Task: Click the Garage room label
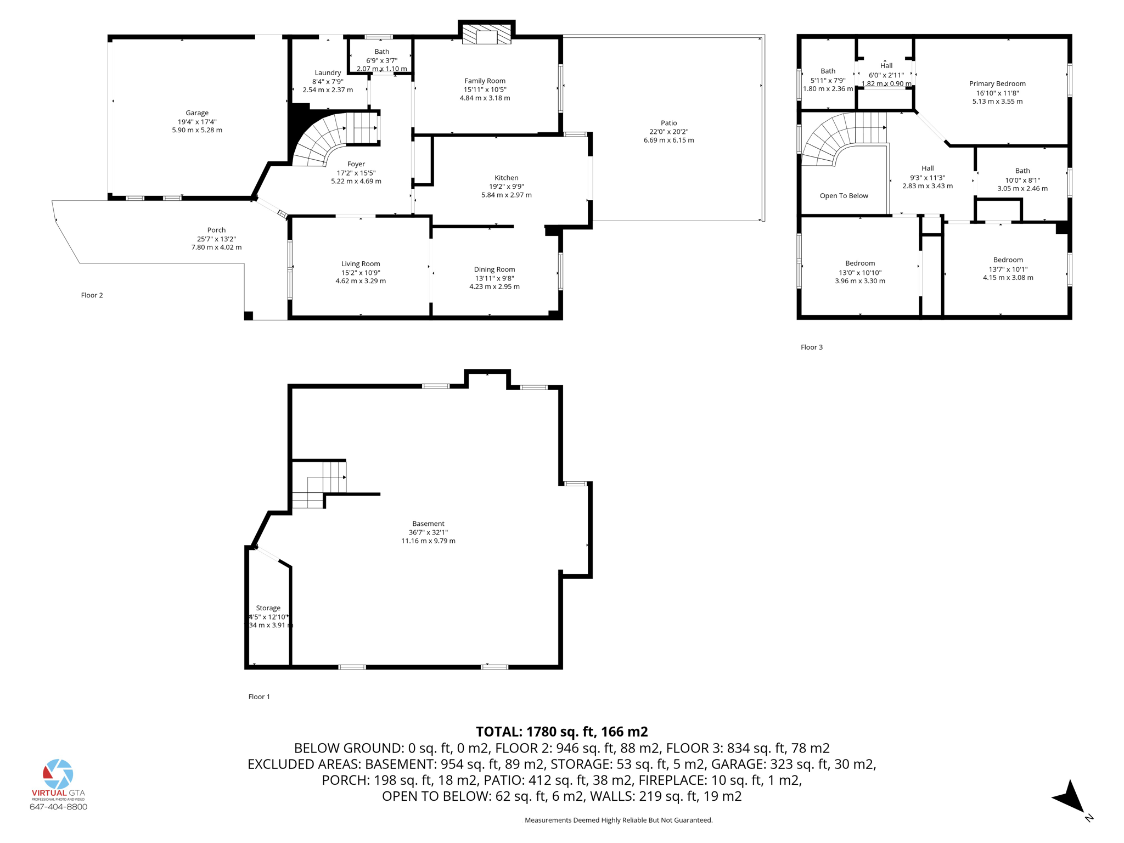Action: click(196, 113)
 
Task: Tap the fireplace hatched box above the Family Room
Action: click(486, 35)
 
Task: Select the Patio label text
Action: click(668, 123)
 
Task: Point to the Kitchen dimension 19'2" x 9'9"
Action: click(506, 186)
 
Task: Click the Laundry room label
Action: click(328, 72)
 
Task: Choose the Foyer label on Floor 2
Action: click(356, 164)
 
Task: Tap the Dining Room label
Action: click(494, 269)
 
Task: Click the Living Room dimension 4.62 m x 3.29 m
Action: click(361, 281)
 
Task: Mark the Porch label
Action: click(216, 230)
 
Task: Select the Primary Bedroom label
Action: click(997, 83)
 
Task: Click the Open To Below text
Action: click(844, 195)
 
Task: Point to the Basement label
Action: click(428, 524)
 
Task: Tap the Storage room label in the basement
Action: click(268, 608)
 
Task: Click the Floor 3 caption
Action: click(811, 347)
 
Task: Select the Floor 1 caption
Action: click(259, 696)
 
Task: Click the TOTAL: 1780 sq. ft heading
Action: click(561, 732)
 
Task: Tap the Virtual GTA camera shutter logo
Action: click(58, 774)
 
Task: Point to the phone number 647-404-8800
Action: click(58, 807)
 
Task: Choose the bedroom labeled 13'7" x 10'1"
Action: click(1008, 269)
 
